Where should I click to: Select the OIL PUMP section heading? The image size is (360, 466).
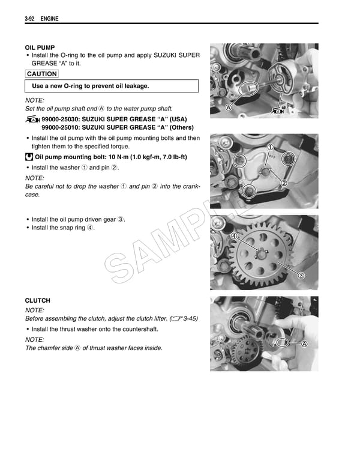(40, 47)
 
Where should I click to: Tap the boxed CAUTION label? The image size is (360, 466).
(42, 74)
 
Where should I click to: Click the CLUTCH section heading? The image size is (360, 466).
(37, 300)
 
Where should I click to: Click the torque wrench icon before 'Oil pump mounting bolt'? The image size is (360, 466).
(29, 157)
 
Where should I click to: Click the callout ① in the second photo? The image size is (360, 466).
(271, 148)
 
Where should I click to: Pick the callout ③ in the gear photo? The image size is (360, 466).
(301, 275)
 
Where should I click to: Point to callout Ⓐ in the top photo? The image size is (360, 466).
(228, 107)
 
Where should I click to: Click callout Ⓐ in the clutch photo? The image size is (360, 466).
(304, 344)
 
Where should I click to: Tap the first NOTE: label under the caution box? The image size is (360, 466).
(34, 100)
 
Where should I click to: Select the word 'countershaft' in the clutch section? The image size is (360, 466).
(139, 330)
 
